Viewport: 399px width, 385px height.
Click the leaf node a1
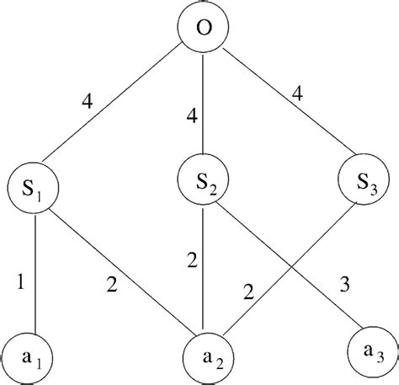click(x=31, y=354)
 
